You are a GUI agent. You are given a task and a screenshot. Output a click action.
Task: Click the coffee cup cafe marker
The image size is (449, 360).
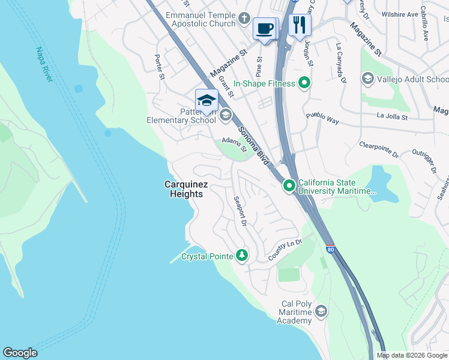tap(265, 28)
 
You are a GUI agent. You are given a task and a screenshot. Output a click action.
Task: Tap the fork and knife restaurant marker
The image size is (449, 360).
tap(299, 25)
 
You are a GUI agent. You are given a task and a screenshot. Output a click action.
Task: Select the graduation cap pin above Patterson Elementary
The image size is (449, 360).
tap(206, 100)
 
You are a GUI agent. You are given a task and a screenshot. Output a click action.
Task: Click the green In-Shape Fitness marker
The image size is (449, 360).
tap(305, 83)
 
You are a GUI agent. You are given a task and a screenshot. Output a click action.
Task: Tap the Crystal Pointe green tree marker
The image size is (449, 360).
tap(242, 256)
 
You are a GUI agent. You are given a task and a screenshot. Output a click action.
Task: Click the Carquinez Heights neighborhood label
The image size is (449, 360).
tap(185, 190)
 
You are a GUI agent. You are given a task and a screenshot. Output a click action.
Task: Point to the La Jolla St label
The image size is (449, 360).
tap(392, 116)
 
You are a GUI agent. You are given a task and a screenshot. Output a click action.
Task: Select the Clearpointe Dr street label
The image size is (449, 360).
tap(379, 149)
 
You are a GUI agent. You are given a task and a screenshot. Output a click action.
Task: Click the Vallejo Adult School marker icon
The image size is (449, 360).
tap(367, 79)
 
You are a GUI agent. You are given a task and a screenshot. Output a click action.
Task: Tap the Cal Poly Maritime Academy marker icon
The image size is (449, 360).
tap(321, 310)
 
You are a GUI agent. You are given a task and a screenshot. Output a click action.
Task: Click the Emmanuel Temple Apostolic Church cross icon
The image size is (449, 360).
tap(244, 18)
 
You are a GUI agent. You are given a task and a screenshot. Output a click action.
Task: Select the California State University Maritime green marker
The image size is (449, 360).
tap(289, 187)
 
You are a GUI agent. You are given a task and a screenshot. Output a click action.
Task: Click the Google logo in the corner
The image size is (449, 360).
tap(20, 353)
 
